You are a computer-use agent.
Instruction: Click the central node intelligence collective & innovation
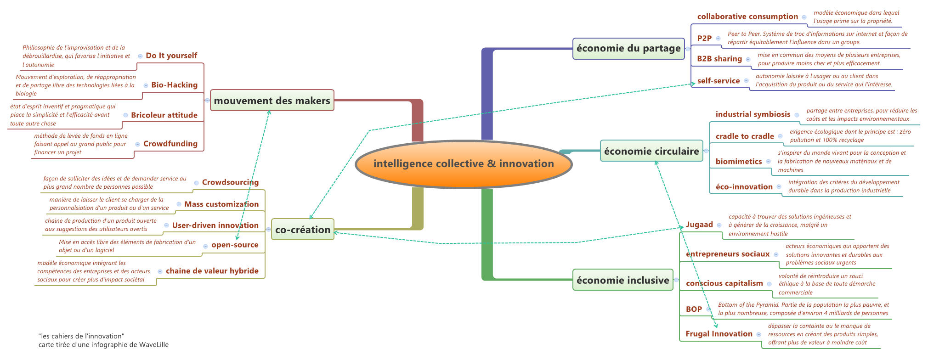click(x=464, y=164)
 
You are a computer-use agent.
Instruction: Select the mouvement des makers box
click(x=272, y=101)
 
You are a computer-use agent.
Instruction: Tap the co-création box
click(x=303, y=230)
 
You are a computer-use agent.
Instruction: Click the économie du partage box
click(x=628, y=49)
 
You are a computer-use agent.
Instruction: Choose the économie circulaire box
click(x=651, y=151)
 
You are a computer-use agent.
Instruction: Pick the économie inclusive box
click(x=622, y=280)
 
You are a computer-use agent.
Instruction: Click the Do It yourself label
click(x=171, y=56)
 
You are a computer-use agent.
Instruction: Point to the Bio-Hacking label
click(x=174, y=85)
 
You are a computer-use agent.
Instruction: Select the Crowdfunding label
click(x=170, y=144)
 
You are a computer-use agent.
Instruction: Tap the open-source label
click(x=235, y=245)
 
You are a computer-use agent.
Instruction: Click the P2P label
click(x=704, y=38)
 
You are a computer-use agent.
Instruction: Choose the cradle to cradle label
click(x=745, y=136)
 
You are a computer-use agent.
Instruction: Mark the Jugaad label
click(x=699, y=225)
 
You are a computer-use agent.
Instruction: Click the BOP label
click(x=694, y=309)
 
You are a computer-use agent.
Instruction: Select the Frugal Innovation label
click(x=719, y=334)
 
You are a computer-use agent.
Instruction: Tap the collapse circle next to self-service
click(x=746, y=81)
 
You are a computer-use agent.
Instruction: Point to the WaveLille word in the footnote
click(x=154, y=344)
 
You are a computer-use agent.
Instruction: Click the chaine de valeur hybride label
click(x=212, y=271)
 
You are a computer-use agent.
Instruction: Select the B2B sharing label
click(x=719, y=59)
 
